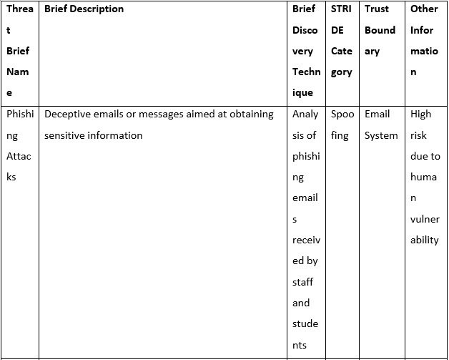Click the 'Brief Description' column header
pyautogui.click(x=84, y=9)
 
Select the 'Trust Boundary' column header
pyautogui.click(x=380, y=30)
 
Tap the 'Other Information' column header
pyautogui.click(x=424, y=40)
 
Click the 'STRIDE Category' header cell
pyautogui.click(x=341, y=40)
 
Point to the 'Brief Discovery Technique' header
pyautogui.click(x=306, y=51)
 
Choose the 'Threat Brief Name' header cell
pyautogui.click(x=20, y=51)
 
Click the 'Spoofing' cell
pyautogui.click(x=342, y=125)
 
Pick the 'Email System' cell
pyautogui.click(x=381, y=125)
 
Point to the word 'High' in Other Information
pyautogui.click(x=420, y=114)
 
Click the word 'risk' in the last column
pyautogui.click(x=418, y=135)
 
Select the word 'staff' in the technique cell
pyautogui.click(x=302, y=282)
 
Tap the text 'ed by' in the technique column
pyautogui.click(x=305, y=261)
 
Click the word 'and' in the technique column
pyautogui.click(x=301, y=303)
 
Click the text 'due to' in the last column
pyautogui.click(x=425, y=156)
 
